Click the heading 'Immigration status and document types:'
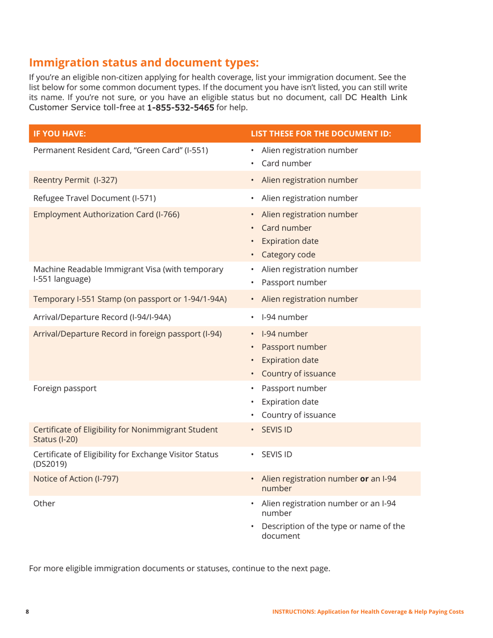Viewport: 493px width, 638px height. click(x=143, y=63)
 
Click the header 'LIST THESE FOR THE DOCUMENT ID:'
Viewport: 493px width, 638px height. click(x=321, y=133)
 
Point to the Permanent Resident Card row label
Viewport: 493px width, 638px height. click(x=121, y=151)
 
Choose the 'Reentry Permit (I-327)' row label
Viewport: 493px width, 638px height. click(x=75, y=181)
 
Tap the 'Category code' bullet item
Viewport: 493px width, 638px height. click(x=291, y=254)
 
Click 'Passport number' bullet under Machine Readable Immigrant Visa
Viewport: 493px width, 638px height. click(x=294, y=283)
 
